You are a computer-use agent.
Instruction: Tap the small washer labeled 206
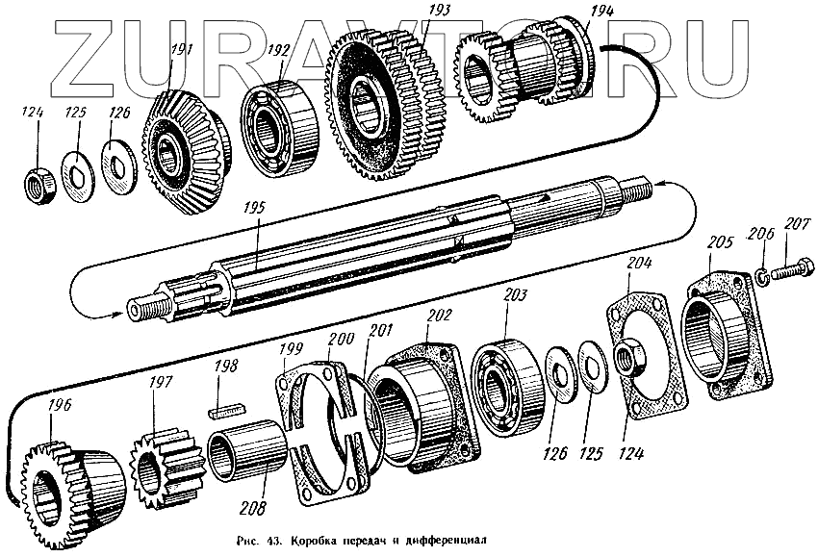coord(760,276)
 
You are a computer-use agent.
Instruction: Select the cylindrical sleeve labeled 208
coord(249,451)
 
